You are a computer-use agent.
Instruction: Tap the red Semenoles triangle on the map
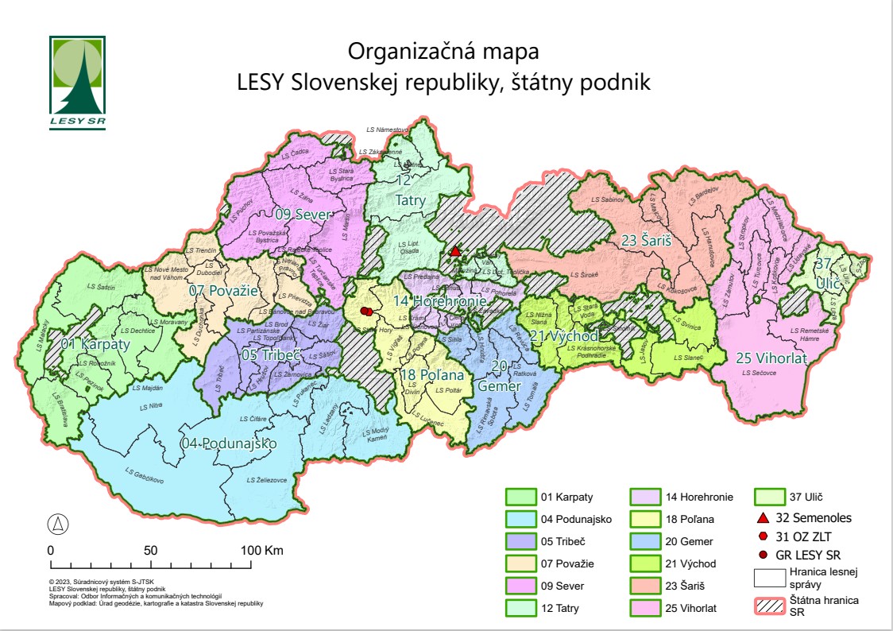455,251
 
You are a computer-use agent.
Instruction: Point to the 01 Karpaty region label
95,345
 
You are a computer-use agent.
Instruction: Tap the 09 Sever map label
303,214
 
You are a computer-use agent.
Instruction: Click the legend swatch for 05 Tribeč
521,541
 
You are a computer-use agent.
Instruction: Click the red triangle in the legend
763,517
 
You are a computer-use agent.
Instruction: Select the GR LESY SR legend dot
763,555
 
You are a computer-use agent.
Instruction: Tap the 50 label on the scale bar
151,550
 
